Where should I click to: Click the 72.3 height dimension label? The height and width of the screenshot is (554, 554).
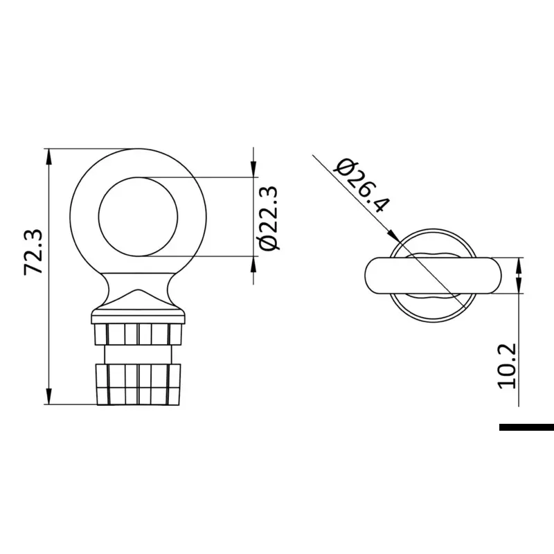coord(33,252)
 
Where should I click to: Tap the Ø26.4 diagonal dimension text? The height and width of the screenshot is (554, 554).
coord(363,186)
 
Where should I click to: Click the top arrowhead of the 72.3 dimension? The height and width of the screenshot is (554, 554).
coord(48,157)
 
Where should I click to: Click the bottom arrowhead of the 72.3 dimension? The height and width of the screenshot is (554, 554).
coord(48,396)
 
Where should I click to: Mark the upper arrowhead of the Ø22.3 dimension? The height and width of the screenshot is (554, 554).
coord(253,169)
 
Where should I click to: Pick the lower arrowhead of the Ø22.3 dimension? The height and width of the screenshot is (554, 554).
coord(253,265)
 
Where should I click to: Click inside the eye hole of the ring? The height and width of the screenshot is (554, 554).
coord(138,217)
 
